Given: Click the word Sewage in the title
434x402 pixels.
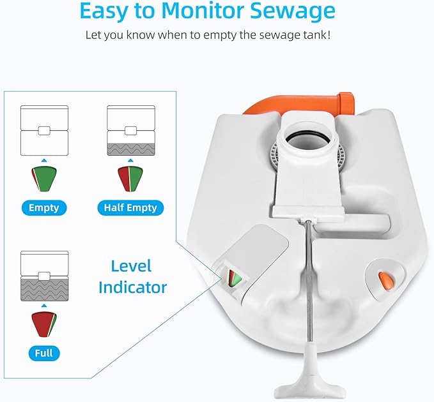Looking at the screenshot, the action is click(x=292, y=11).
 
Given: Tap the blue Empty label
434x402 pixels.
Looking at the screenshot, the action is click(x=44, y=208).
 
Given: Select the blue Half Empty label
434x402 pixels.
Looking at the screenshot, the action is click(x=130, y=208).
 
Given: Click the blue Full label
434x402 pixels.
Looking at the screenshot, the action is click(x=44, y=353).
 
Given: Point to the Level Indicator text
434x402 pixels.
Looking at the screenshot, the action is click(x=132, y=276).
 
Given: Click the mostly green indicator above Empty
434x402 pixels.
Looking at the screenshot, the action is click(x=44, y=179).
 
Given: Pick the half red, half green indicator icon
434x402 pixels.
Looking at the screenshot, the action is click(x=130, y=179).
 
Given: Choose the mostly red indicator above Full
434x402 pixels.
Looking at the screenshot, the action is click(x=44, y=324).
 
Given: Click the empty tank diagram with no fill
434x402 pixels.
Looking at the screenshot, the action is click(x=44, y=130).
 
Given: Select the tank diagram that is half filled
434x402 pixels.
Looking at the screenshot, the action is click(x=131, y=130).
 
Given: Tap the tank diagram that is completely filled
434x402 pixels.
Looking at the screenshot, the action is click(x=44, y=276).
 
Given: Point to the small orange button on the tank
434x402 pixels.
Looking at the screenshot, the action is click(x=385, y=281).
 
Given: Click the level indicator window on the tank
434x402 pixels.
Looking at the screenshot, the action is click(x=235, y=278).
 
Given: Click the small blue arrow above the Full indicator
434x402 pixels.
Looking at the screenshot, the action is click(x=44, y=306).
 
